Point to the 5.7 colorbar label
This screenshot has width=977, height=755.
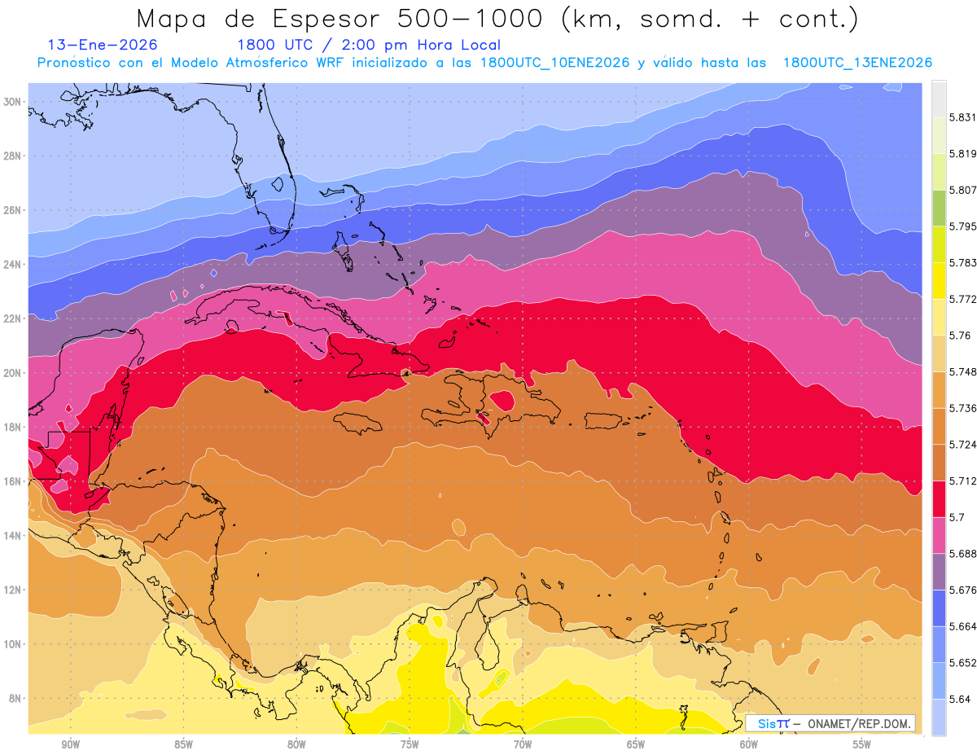click(957, 517)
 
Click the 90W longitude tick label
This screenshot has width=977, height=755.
click(70, 744)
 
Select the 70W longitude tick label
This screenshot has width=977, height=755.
click(523, 744)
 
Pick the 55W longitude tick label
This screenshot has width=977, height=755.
click(861, 744)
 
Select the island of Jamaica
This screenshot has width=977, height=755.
click(358, 422)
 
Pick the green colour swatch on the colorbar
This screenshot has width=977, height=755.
click(939, 208)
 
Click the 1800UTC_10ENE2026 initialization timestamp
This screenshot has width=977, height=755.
click(554, 63)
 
